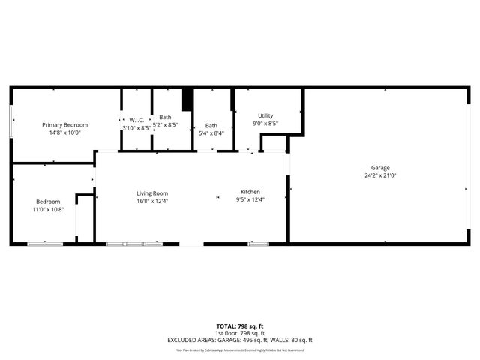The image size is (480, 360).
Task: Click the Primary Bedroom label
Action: (64, 124)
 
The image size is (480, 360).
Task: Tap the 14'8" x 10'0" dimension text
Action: (64, 132)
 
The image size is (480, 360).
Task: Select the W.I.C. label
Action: (136, 120)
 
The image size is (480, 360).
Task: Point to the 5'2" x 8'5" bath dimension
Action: (165, 125)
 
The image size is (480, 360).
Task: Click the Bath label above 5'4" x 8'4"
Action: (211, 125)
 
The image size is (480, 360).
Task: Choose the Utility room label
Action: (265, 115)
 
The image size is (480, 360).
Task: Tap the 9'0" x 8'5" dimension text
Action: (265, 123)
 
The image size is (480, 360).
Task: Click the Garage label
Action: (380, 168)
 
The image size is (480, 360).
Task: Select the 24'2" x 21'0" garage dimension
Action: (380, 175)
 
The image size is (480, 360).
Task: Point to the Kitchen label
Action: (250, 192)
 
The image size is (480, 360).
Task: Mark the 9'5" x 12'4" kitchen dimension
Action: (250, 199)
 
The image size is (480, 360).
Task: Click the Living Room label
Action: (152, 193)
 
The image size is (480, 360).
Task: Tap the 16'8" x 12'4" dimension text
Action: (152, 200)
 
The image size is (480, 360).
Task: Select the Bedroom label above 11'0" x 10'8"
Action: (48, 202)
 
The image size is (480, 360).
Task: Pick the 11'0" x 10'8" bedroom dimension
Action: (48, 209)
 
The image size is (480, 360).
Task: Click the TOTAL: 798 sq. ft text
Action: (240, 326)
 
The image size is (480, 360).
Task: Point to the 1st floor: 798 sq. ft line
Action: (240, 333)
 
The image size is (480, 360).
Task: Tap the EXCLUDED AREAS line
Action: (240, 340)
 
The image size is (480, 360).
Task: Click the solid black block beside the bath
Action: (187, 100)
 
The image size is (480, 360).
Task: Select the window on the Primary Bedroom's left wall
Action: (11, 121)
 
